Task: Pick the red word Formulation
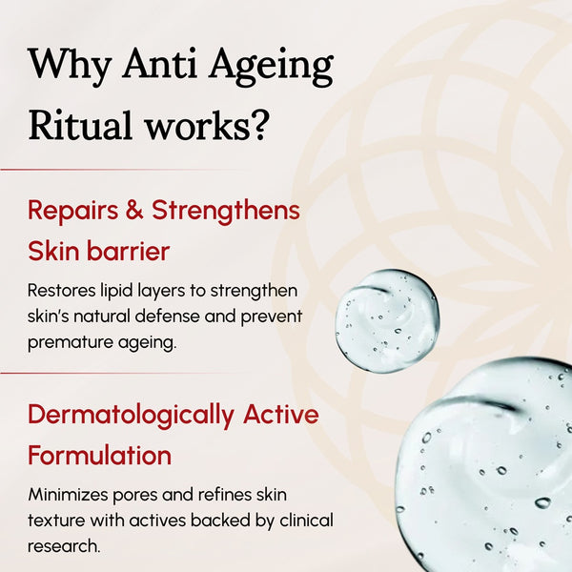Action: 99,455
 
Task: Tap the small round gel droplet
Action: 386,318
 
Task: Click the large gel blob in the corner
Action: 496,467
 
